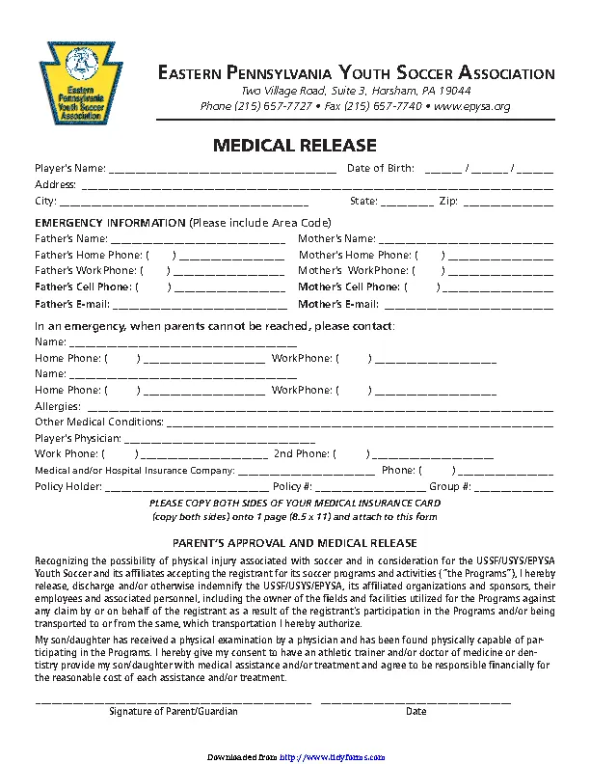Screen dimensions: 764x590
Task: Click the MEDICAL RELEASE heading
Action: (294, 146)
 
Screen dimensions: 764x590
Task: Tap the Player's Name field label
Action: (69, 169)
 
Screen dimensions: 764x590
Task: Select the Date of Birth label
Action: (380, 169)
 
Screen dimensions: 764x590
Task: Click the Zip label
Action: (448, 202)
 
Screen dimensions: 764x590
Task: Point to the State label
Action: (363, 202)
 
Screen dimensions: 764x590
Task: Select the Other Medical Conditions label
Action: (99, 423)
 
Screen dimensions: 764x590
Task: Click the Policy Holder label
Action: (67, 487)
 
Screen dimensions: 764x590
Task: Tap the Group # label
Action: (450, 487)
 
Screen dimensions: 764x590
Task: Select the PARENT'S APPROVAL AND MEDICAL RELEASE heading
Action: (294, 544)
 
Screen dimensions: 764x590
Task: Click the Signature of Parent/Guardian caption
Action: (173, 711)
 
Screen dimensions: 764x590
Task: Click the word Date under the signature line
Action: (416, 711)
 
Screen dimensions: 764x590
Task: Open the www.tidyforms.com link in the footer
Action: (332, 757)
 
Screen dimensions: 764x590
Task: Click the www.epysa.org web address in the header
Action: (473, 106)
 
